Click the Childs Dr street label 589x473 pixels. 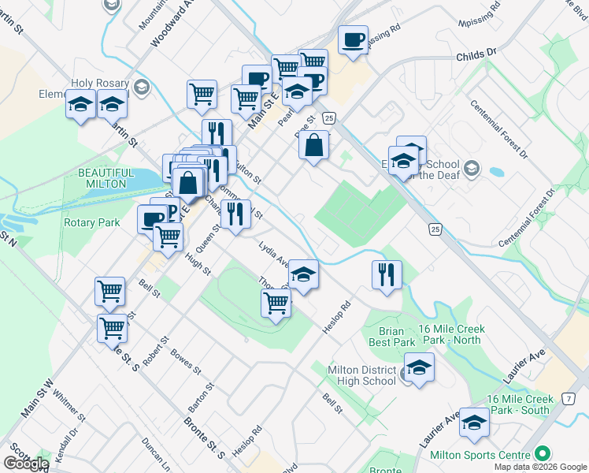coord(477,53)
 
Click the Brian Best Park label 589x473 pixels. coord(391,337)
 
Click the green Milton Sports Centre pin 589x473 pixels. coord(542,454)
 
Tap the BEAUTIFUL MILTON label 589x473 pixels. coord(102,177)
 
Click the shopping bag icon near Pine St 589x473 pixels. coord(314,145)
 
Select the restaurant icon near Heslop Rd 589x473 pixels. coord(387,274)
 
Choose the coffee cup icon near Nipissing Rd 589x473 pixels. coord(354,39)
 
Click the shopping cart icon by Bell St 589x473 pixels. coord(109,291)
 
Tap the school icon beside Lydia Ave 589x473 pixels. coord(303,274)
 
